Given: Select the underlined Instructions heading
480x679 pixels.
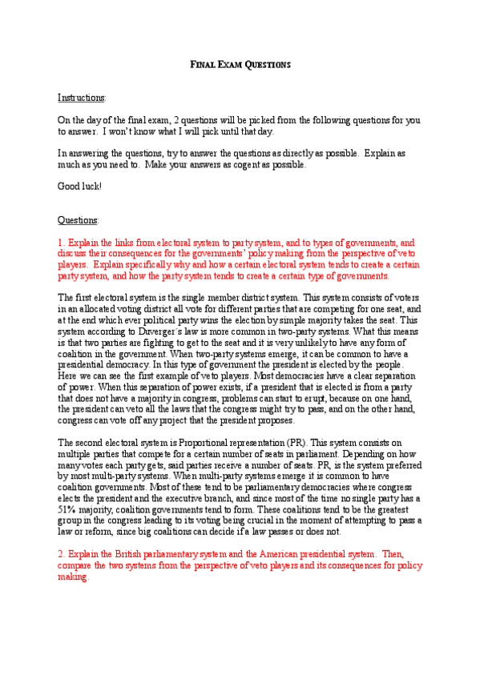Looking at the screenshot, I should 81,98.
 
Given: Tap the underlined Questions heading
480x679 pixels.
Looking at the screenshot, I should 78,219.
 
